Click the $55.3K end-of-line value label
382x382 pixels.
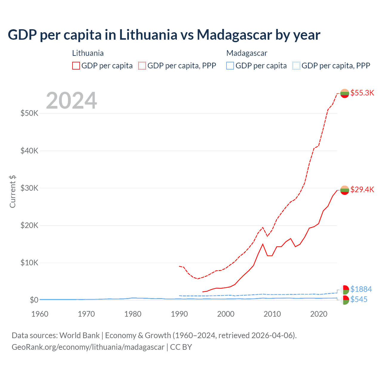[x=362, y=93]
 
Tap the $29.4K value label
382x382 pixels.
[x=362, y=190]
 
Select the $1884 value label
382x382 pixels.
[x=361, y=289]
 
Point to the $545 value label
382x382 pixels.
[x=359, y=299]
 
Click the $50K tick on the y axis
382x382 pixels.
[x=29, y=113]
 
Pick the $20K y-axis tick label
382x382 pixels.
[x=29, y=225]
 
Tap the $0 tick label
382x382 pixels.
[x=34, y=300]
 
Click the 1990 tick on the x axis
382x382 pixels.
[x=179, y=314]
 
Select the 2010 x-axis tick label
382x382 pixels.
[x=272, y=314]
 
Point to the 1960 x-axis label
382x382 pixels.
[x=40, y=314]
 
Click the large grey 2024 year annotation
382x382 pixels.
[x=71, y=101]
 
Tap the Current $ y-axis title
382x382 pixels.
[x=13, y=192]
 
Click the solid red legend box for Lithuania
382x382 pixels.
[x=76, y=66]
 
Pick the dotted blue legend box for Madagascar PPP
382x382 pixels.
[x=296, y=66]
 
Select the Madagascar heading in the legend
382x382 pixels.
[x=247, y=53]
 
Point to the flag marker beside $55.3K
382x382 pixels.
[x=345, y=93]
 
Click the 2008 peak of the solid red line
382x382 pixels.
[x=263, y=244]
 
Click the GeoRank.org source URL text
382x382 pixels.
[x=88, y=347]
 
